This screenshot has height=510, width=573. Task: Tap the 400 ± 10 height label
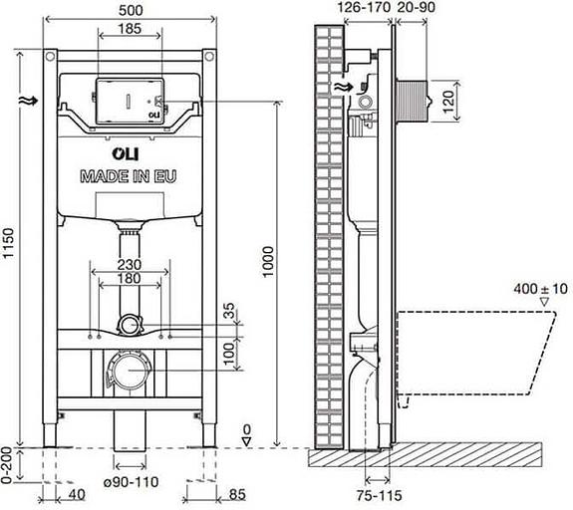(x=535, y=287)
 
